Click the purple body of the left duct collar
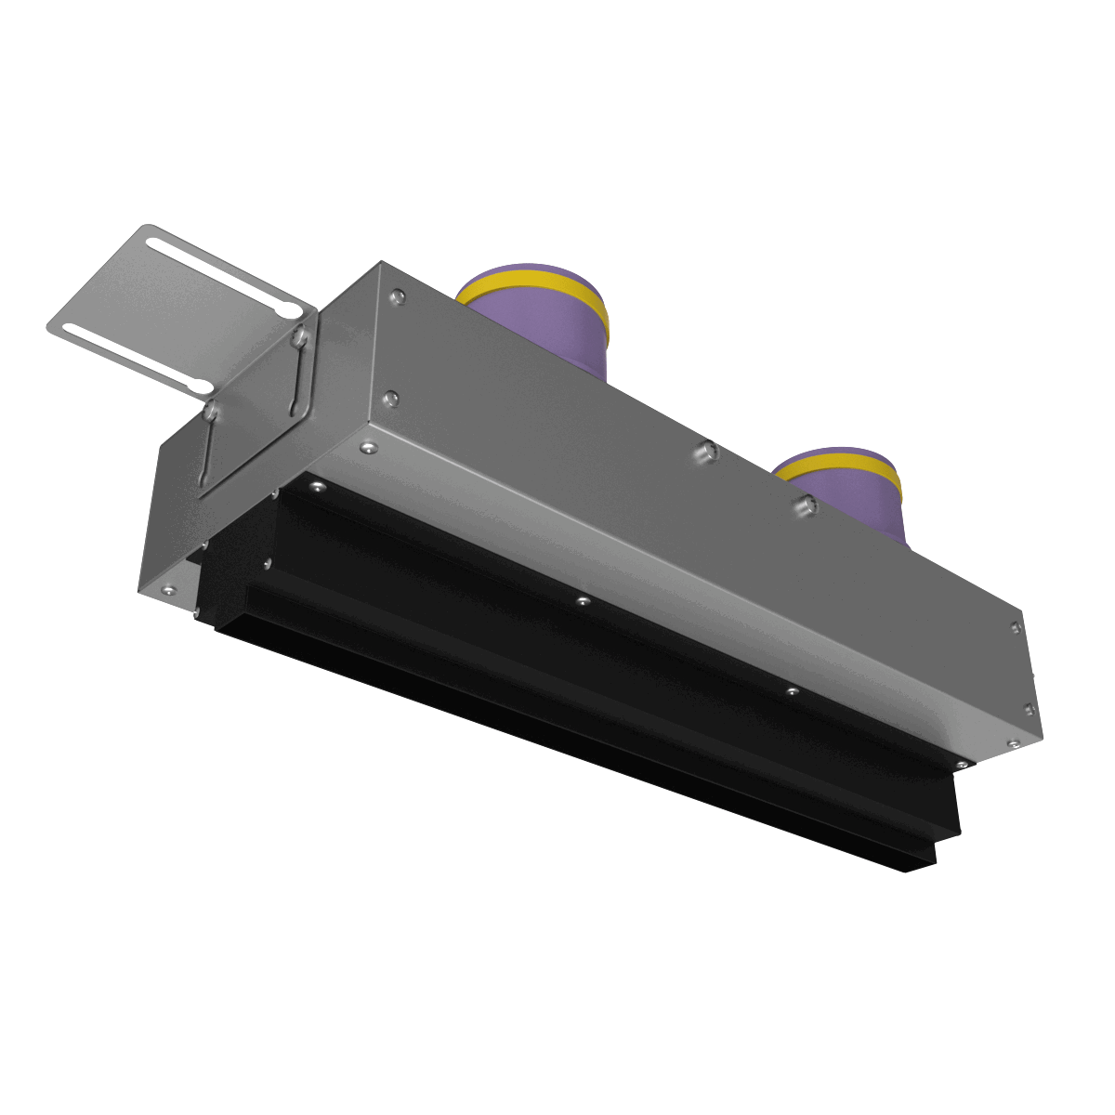point(548,325)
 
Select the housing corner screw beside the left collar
point(398,296)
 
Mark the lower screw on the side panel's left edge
point(391,399)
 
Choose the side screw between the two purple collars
point(707,452)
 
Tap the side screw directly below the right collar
point(804,505)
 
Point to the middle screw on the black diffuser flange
point(583,601)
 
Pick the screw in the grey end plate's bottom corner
point(168,589)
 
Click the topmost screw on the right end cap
point(1015,627)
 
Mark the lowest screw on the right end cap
point(1013,743)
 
